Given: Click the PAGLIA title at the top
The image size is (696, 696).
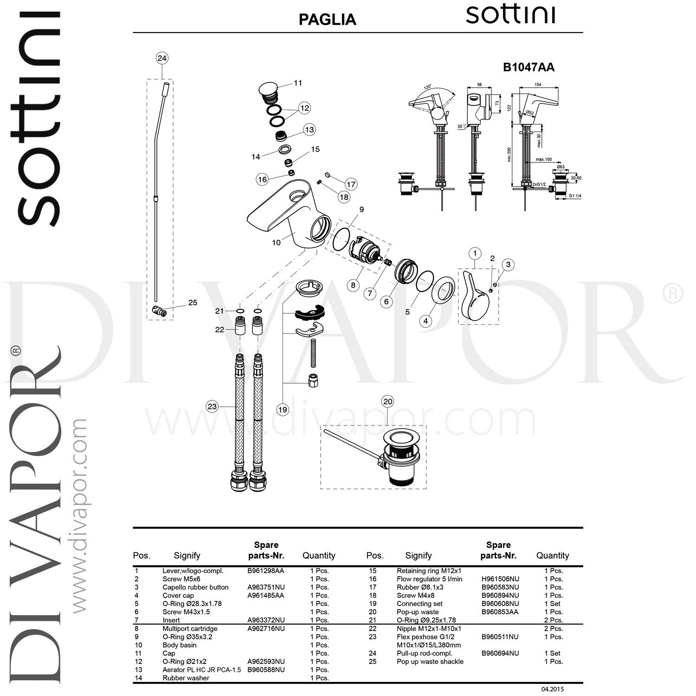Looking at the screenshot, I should point(327,19).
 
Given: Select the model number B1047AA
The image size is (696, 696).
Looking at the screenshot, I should point(528,67).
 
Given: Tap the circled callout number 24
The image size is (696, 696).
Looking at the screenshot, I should point(161,58).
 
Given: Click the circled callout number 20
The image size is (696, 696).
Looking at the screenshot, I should point(387,402).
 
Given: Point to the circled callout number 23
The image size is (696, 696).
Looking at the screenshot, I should point(212,406).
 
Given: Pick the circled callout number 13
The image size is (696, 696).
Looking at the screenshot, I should point(309,130).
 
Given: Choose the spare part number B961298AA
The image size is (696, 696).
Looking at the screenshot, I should point(265,571).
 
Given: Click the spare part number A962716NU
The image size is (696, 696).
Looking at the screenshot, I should point(266,629).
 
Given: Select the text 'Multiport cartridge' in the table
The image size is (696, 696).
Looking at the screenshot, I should point(190,629).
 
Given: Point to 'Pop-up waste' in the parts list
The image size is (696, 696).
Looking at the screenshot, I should point(417,612).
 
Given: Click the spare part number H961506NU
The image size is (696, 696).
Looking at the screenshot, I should point(500,579).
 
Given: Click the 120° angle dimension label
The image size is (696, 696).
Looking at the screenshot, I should point(427,87).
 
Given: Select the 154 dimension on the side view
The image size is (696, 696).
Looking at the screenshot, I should point(538,85).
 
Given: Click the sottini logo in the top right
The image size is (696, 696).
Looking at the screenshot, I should point(510,15).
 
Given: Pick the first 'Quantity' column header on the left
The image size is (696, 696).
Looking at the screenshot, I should point(319,555).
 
